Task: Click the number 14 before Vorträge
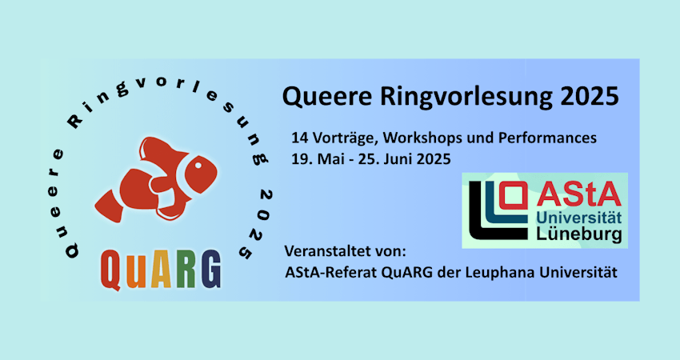pyautogui.click(x=300, y=138)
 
